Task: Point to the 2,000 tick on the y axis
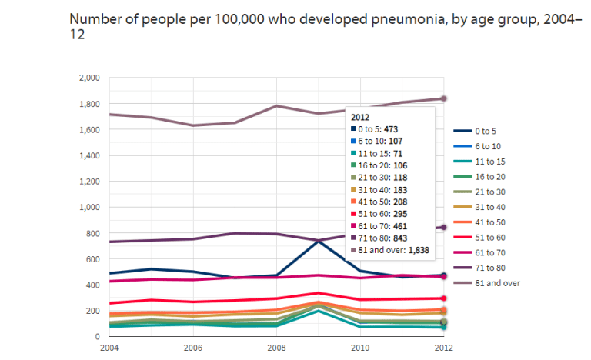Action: tap(90, 78)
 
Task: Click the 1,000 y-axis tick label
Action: tap(90, 208)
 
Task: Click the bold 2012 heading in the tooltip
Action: tap(361, 116)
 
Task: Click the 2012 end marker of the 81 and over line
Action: tap(443, 98)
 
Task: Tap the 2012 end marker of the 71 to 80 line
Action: tap(443, 227)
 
